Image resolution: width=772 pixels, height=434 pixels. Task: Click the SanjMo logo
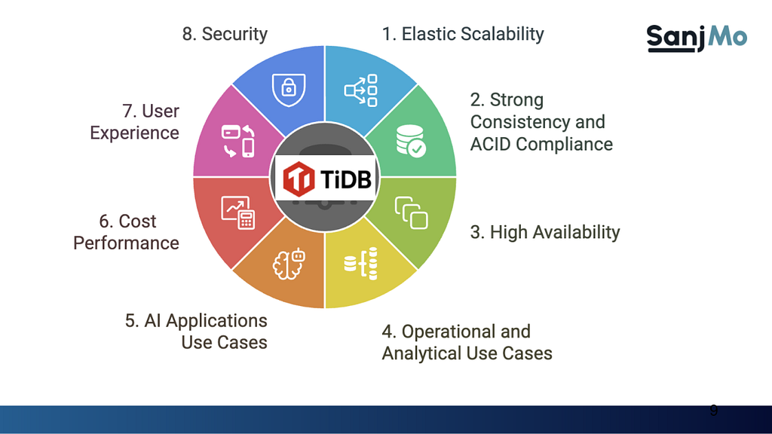click(697, 38)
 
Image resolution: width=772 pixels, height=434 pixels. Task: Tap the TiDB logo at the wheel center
click(326, 178)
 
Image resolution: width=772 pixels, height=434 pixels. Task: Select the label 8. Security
click(225, 34)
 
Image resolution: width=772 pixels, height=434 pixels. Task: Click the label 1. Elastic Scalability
click(463, 34)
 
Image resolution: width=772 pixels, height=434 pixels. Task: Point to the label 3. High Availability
click(545, 232)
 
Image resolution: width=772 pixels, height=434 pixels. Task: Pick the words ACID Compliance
click(541, 144)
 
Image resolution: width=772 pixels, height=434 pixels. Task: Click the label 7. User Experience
click(134, 121)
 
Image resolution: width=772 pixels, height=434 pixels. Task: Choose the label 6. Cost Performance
click(126, 232)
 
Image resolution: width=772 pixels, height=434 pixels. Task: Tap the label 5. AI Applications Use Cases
click(196, 332)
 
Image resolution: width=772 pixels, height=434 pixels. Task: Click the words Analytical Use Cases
click(467, 353)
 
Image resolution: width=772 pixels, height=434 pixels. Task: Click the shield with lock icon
click(289, 90)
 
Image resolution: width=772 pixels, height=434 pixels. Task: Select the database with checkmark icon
click(411, 141)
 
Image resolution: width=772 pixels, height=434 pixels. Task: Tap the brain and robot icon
click(289, 264)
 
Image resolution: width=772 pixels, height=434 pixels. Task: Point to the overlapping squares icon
click(411, 212)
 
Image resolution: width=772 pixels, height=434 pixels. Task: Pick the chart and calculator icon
click(237, 212)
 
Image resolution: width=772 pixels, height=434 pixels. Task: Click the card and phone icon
click(237, 141)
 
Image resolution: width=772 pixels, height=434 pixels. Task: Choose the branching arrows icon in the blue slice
click(361, 90)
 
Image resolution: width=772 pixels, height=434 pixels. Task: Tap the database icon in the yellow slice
click(361, 264)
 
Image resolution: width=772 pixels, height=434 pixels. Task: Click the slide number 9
click(713, 411)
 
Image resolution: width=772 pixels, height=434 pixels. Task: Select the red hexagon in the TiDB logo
click(299, 178)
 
